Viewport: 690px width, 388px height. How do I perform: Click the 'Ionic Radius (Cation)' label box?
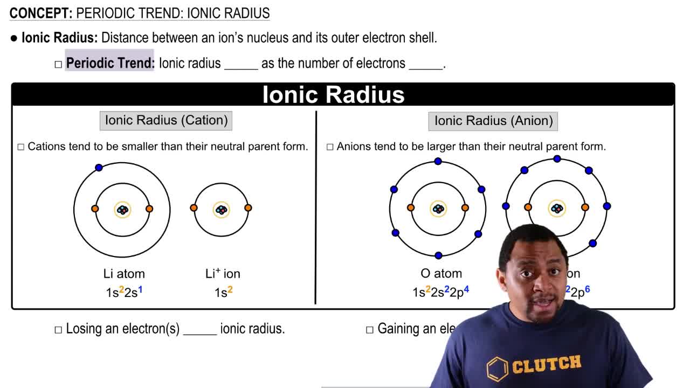tap(166, 120)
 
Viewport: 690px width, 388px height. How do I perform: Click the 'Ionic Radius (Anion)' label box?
tap(493, 121)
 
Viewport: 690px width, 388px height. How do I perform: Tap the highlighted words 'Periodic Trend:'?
tap(110, 63)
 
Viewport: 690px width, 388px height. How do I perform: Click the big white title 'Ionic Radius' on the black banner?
tap(333, 94)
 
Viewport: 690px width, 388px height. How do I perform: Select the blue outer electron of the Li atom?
tap(99, 168)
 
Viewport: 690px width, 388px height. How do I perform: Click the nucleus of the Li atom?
tap(123, 210)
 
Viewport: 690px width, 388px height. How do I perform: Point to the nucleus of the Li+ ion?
tap(221, 209)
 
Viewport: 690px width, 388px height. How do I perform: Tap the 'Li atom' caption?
tap(124, 274)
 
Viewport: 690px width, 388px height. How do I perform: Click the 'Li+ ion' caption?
tap(223, 274)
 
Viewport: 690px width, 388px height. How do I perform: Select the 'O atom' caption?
tap(441, 274)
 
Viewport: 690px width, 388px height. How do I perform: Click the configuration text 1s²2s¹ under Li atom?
tap(124, 292)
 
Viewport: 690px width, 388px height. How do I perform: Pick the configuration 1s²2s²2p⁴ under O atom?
tap(440, 292)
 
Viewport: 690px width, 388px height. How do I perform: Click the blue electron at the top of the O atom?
tap(438, 161)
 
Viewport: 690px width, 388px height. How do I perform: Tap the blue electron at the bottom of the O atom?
tap(438, 255)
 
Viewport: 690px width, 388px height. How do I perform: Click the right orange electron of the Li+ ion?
tap(248, 207)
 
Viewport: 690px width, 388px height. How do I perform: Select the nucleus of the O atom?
tap(438, 209)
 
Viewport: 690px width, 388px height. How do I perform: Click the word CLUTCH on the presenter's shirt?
tap(546, 364)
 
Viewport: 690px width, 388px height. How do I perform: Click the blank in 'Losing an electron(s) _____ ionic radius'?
tap(199, 329)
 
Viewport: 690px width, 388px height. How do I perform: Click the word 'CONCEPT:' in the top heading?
tap(41, 13)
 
